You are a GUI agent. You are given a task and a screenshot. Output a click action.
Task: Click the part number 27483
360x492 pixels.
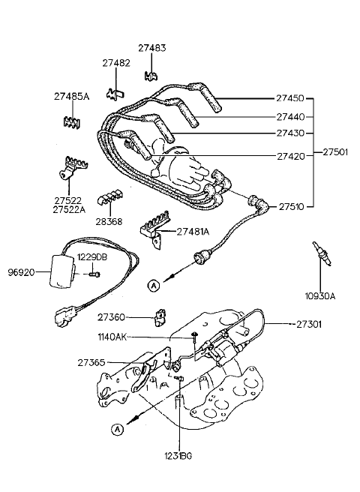point(152,48)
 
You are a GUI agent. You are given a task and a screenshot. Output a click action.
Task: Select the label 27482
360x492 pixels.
point(116,63)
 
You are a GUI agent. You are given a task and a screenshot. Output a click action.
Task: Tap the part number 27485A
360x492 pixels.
point(71,96)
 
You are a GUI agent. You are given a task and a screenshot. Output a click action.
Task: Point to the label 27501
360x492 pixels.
point(335,152)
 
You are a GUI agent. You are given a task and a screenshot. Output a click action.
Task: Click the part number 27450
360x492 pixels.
point(290,98)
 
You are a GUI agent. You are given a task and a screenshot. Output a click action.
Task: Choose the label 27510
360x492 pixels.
point(291,207)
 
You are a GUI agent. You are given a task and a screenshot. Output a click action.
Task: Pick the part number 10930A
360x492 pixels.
point(320,296)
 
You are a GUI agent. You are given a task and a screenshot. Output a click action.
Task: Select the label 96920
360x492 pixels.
point(21,272)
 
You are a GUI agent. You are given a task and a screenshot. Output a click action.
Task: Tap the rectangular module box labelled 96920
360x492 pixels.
point(62,271)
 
